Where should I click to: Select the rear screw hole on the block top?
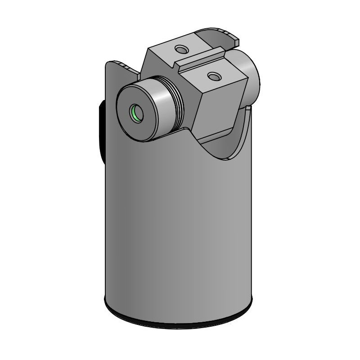pyautogui.click(x=181, y=49)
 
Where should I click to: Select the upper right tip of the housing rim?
pyautogui.click(x=249, y=110)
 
